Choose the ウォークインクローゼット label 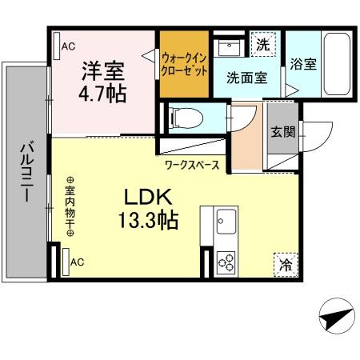click(x=183, y=63)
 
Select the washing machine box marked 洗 click(x=262, y=46)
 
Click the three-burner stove click(x=225, y=262)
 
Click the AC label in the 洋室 click(x=69, y=46)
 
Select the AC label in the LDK click(x=78, y=262)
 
